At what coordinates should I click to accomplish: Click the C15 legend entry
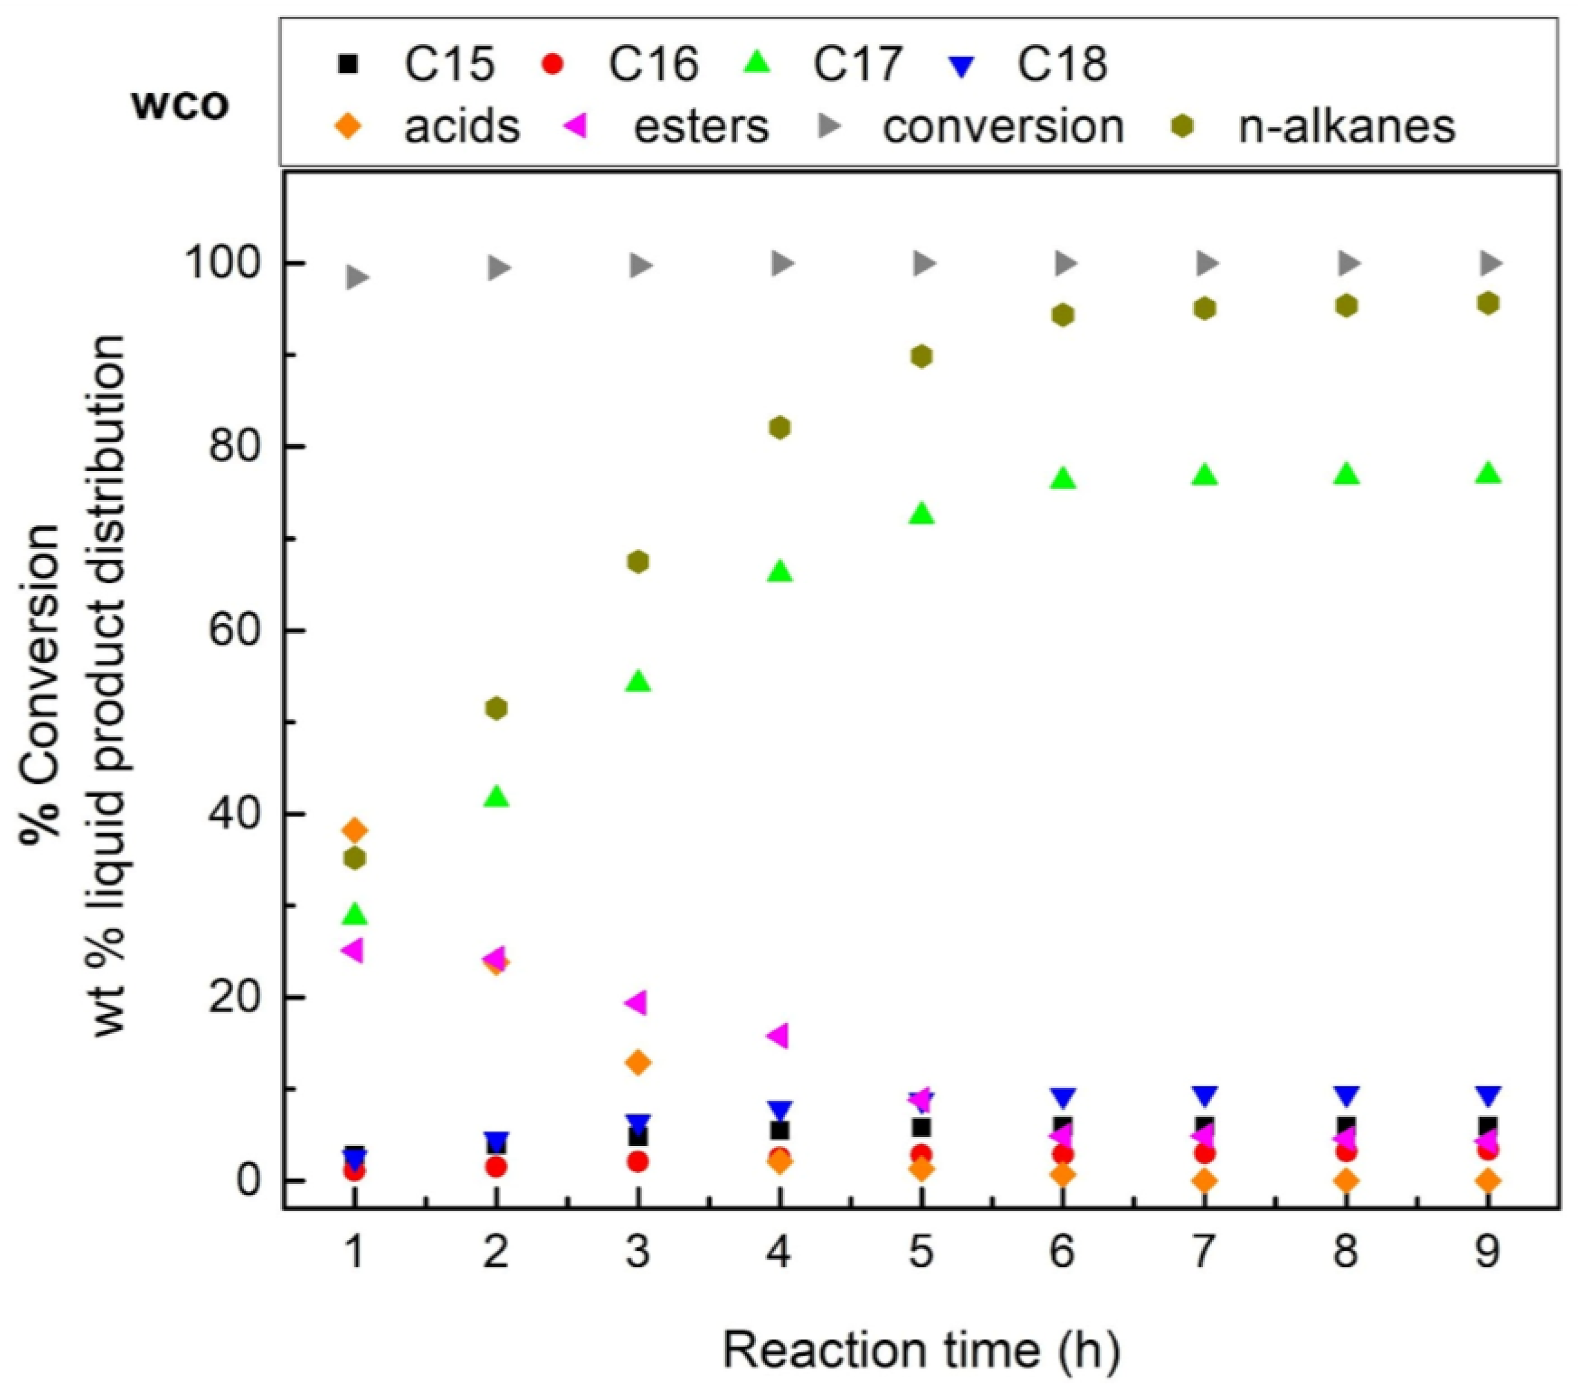pos(448,63)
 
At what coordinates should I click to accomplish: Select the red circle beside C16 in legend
pos(553,63)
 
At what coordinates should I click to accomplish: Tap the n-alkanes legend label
pos(1346,126)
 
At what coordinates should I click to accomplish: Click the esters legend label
pos(701,126)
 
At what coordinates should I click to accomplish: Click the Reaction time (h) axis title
pos(920,1348)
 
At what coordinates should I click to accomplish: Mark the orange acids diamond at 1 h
pos(354,831)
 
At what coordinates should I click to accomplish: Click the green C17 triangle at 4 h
pos(780,571)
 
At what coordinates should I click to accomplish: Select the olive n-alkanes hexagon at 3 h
pos(638,562)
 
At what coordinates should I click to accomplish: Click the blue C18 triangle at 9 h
pos(1488,1095)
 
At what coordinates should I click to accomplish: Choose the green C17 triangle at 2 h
pos(496,797)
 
